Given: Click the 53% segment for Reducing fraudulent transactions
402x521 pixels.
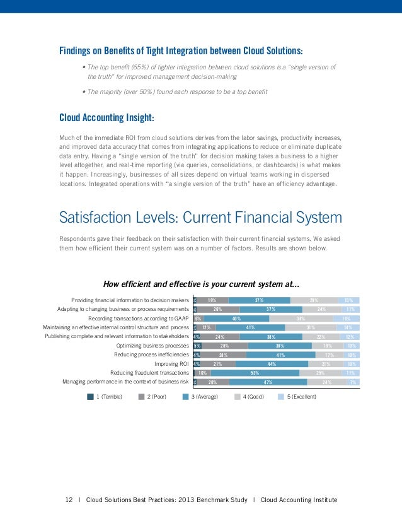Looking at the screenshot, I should [x=255, y=373].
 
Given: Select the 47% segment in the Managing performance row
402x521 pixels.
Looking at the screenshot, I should [x=268, y=382].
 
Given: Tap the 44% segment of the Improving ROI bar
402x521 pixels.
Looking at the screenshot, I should [x=272, y=364].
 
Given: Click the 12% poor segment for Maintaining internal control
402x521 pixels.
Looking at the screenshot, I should [x=206, y=328].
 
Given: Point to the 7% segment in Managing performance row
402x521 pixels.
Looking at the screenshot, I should [x=354, y=382].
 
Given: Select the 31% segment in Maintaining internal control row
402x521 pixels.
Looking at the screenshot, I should [x=310, y=328].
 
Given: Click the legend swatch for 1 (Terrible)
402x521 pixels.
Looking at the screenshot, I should [x=90, y=397].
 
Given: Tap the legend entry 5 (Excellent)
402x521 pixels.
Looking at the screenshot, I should [x=297, y=397].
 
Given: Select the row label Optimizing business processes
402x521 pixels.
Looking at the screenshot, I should [x=153, y=346].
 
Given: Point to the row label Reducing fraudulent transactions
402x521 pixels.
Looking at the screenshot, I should [x=150, y=373].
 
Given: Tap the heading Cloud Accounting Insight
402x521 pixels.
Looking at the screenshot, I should [x=106, y=117].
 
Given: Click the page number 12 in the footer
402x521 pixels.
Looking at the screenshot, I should [x=69, y=500].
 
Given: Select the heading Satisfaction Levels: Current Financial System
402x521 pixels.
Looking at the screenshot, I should [x=200, y=218].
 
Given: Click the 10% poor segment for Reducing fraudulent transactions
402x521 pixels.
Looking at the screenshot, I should [x=203, y=373].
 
